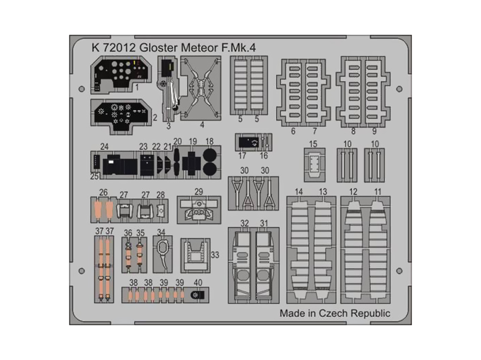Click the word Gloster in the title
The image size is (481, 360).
pyautogui.click(x=158, y=48)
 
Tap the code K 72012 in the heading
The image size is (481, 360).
pyautogui.click(x=114, y=48)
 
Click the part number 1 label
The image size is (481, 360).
pyautogui.click(x=137, y=87)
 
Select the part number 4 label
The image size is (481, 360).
pyautogui.click(x=202, y=125)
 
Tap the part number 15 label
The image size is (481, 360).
pyautogui.click(x=313, y=144)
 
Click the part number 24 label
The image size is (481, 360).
pyautogui.click(x=104, y=147)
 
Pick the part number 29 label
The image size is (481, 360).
pyautogui.click(x=199, y=192)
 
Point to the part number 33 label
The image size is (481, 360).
pyautogui.click(x=215, y=255)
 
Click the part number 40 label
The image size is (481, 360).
pyautogui.click(x=198, y=283)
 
